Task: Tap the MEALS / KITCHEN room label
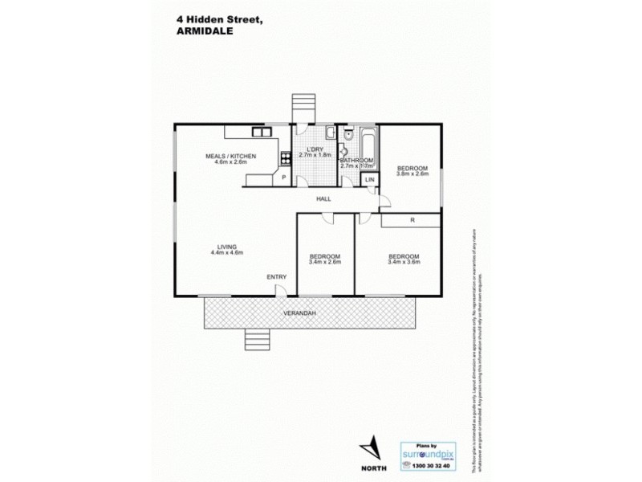(x=230, y=156)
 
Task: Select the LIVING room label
(x=226, y=247)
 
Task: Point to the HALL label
(x=323, y=198)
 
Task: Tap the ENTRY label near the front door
(x=277, y=277)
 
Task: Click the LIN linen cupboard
(x=369, y=179)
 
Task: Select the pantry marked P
(x=283, y=178)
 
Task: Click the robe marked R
(x=411, y=219)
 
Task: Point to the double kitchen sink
(x=261, y=131)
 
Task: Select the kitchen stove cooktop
(x=284, y=157)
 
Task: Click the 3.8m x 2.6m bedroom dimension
(x=412, y=173)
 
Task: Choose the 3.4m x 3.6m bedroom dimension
(x=403, y=261)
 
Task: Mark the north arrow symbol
(x=369, y=449)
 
